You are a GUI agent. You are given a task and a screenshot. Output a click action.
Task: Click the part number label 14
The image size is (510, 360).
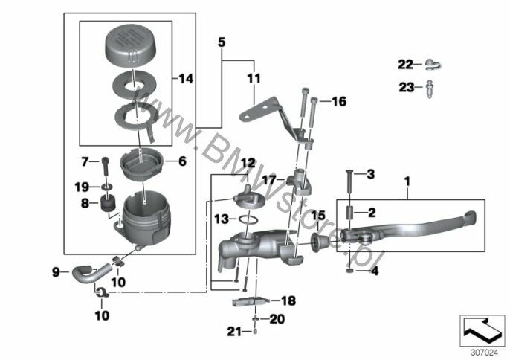[185, 77]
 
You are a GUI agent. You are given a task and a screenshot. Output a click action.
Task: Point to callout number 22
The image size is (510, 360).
[404, 63]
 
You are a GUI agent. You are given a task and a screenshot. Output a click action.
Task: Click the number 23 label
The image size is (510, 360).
[405, 87]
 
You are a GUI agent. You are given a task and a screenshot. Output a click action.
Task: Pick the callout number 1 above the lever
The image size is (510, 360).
[407, 181]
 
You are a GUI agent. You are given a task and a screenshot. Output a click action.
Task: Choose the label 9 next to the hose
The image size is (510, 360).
[55, 271]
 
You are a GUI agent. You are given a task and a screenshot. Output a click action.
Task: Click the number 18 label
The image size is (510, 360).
[288, 300]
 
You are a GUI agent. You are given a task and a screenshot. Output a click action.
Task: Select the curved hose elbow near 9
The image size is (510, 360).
[83, 272]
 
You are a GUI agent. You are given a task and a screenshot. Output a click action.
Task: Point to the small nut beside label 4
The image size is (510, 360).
[349, 271]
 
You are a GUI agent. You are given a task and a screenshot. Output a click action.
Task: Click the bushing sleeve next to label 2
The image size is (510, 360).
[347, 214]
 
